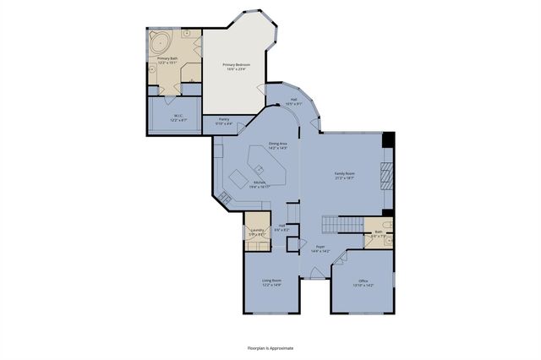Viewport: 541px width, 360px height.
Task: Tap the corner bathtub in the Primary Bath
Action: click(160, 40)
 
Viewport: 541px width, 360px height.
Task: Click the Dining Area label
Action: click(279, 144)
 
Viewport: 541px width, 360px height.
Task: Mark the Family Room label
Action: click(345, 173)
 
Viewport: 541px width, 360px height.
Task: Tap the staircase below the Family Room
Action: click(342, 225)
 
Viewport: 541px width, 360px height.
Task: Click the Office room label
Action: click(363, 281)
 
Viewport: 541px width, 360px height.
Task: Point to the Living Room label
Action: click(270, 281)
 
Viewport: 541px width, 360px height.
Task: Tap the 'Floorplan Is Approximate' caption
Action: click(270, 347)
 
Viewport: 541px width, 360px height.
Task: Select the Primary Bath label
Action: click(167, 58)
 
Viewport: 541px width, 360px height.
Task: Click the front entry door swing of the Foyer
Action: click(311, 272)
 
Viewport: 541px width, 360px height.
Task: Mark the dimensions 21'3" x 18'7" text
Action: click(345, 178)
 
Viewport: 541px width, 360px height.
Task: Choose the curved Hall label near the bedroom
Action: click(294, 100)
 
